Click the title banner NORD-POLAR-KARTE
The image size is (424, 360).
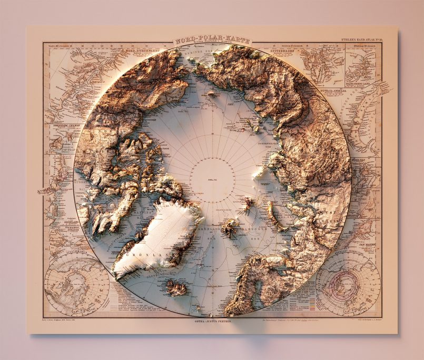[212, 40]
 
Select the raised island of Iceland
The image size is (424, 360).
[176, 287]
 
